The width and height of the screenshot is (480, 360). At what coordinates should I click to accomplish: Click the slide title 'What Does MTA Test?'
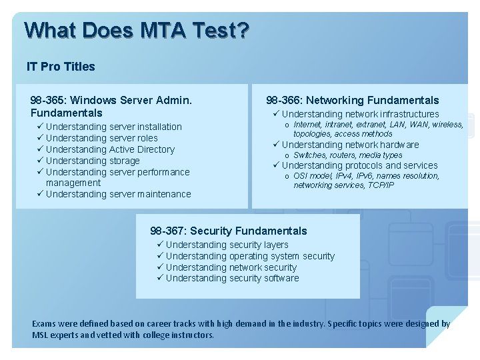[136, 30]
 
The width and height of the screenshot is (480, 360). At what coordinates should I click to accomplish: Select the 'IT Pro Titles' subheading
[61, 67]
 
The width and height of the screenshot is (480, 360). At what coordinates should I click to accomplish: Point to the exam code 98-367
[167, 231]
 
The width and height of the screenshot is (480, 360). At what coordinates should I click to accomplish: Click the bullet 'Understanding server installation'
[113, 127]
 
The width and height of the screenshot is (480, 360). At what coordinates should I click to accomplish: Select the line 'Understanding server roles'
[101, 138]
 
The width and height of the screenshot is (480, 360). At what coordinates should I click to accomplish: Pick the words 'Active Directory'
[141, 149]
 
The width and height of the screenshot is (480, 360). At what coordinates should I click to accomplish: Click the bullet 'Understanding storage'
[93, 161]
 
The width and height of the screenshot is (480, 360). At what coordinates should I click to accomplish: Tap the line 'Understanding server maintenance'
[118, 194]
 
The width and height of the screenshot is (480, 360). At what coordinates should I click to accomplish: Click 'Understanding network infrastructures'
[360, 114]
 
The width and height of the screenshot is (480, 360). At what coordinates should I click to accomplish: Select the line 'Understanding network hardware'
[350, 145]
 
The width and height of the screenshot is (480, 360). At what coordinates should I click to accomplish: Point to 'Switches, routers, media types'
[348, 155]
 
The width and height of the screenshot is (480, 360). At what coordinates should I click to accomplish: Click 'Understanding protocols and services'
[359, 165]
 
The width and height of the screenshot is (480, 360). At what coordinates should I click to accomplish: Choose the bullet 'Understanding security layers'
[227, 245]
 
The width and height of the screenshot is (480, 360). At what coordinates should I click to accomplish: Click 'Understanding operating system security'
[250, 256]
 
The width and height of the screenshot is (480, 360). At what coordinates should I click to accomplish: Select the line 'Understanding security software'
[232, 278]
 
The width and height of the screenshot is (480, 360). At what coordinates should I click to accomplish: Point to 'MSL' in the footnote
[41, 335]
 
